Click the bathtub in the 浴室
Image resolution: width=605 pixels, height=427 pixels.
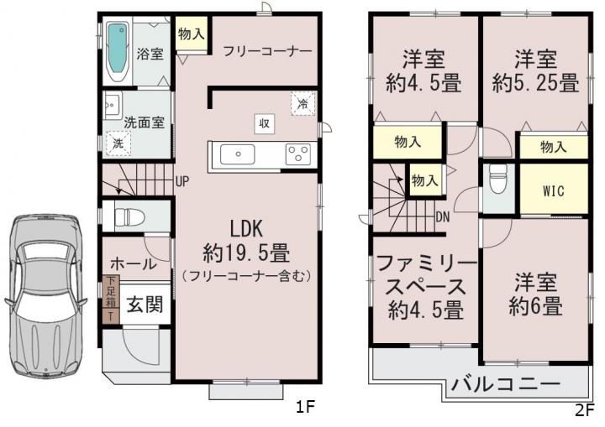(x=118, y=52)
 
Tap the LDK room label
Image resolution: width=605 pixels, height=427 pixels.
(x=246, y=228)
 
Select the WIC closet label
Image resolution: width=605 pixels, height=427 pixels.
(x=553, y=191)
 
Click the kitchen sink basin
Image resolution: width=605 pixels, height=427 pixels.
(x=237, y=154)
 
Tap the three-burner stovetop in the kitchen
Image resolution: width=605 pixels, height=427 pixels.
(x=297, y=154)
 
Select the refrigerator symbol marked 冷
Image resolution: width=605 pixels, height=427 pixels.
(x=302, y=103)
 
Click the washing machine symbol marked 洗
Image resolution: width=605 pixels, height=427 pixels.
(x=118, y=143)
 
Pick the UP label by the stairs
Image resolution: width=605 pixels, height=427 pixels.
(x=182, y=181)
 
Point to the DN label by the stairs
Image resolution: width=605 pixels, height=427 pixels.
(x=443, y=217)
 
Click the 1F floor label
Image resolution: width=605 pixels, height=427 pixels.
(x=306, y=407)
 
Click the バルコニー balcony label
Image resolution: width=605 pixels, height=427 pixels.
(x=506, y=383)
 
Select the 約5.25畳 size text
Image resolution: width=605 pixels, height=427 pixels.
(x=535, y=83)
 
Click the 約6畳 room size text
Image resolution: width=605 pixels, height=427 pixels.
(x=535, y=306)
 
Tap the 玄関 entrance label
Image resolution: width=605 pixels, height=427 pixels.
(x=145, y=304)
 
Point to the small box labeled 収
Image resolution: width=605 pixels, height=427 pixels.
(x=265, y=123)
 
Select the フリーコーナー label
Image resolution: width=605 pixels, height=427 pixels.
(x=267, y=52)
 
